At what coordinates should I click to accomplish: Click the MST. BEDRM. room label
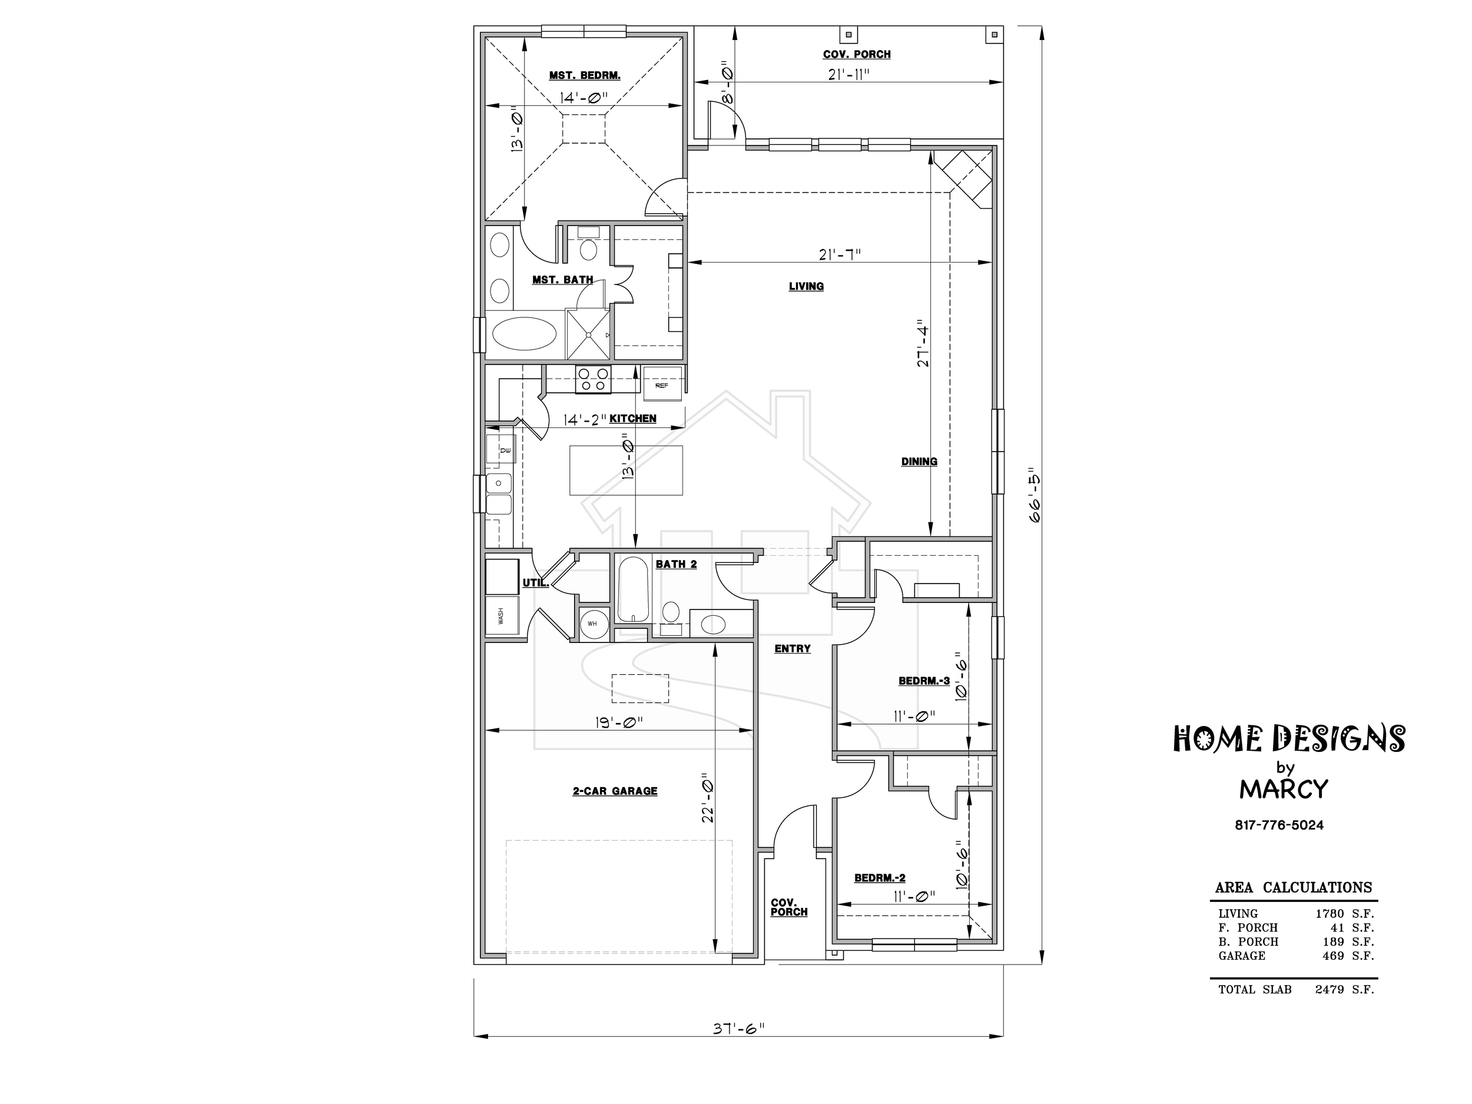(x=584, y=75)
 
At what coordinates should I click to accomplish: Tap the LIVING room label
(x=806, y=286)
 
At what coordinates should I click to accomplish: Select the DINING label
(x=919, y=461)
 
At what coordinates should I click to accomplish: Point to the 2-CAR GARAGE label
(x=615, y=791)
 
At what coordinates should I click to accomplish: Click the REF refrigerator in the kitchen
(x=662, y=384)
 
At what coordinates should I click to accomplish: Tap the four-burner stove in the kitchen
(x=593, y=380)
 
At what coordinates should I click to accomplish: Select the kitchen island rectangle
(x=625, y=470)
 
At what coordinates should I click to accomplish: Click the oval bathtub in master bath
(x=525, y=334)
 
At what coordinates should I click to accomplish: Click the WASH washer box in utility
(x=502, y=615)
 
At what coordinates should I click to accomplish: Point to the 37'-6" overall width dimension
(x=739, y=1028)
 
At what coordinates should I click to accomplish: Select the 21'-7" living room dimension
(x=839, y=254)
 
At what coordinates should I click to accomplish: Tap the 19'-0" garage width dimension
(x=619, y=722)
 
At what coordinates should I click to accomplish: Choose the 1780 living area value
(x=1330, y=914)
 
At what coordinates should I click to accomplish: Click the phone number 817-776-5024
(x=1279, y=825)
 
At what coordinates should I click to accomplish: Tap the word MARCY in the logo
(x=1284, y=789)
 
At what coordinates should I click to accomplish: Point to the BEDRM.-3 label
(x=924, y=681)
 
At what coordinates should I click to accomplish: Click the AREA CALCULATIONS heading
(x=1294, y=887)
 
